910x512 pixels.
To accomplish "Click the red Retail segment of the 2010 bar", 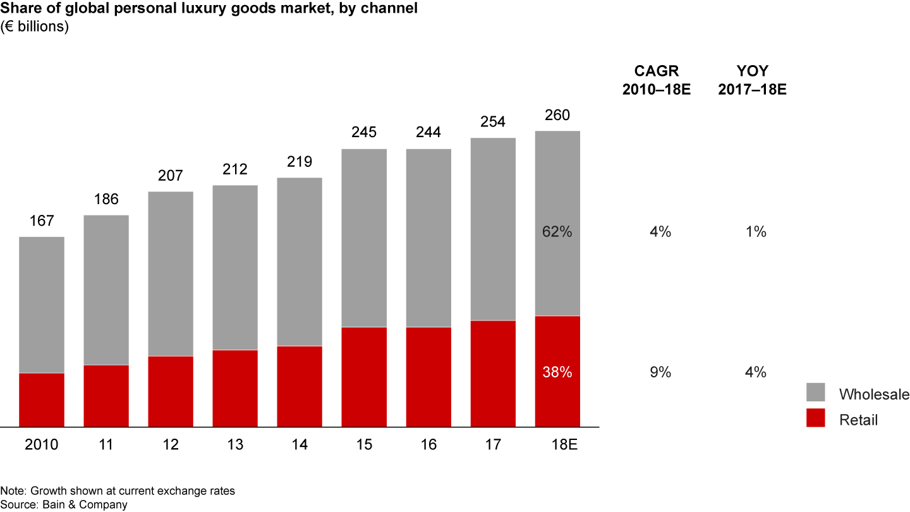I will (x=42, y=400).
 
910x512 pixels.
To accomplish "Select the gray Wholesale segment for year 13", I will (x=235, y=267).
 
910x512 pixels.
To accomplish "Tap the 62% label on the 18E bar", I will (x=557, y=232).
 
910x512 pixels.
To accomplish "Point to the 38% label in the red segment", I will (x=557, y=373).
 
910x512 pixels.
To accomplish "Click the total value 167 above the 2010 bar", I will (x=42, y=221).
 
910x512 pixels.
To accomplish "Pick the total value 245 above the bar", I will (x=364, y=132).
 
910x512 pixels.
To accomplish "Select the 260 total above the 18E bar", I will (x=557, y=115).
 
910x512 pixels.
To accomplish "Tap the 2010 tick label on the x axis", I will (x=42, y=445).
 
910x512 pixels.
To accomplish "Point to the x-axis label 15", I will (x=364, y=445).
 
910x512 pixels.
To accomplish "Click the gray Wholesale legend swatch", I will (x=816, y=393).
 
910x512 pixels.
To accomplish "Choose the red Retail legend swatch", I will (x=816, y=417).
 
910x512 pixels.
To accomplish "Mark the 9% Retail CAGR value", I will (x=660, y=373).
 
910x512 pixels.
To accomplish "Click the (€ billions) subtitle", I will (x=35, y=27).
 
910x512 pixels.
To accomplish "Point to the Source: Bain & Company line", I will (x=64, y=504).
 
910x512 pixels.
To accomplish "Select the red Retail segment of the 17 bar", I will (x=493, y=374).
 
